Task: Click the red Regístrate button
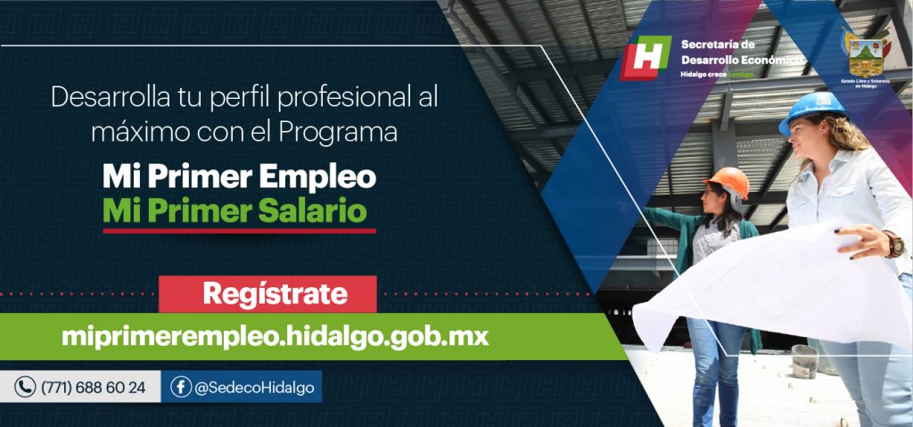click(267, 293)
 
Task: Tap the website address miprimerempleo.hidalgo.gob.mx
click(275, 336)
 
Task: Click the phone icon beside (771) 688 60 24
click(25, 388)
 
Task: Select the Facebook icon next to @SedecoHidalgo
click(181, 388)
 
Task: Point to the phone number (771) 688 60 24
click(93, 388)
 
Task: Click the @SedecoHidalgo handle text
click(254, 388)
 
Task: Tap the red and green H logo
click(646, 58)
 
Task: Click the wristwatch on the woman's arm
click(894, 244)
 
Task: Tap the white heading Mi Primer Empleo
click(239, 177)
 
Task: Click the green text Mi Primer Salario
click(234, 211)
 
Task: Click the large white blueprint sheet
click(767, 285)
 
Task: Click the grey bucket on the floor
click(804, 360)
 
